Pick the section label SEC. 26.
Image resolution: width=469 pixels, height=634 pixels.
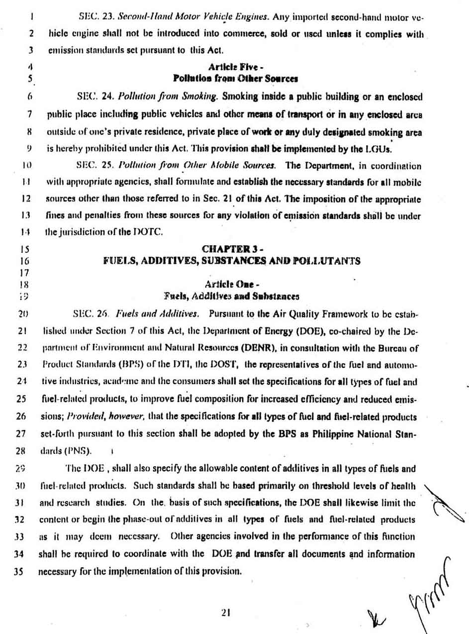(x=90, y=314)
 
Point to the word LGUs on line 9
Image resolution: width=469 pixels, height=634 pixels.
(x=383, y=149)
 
